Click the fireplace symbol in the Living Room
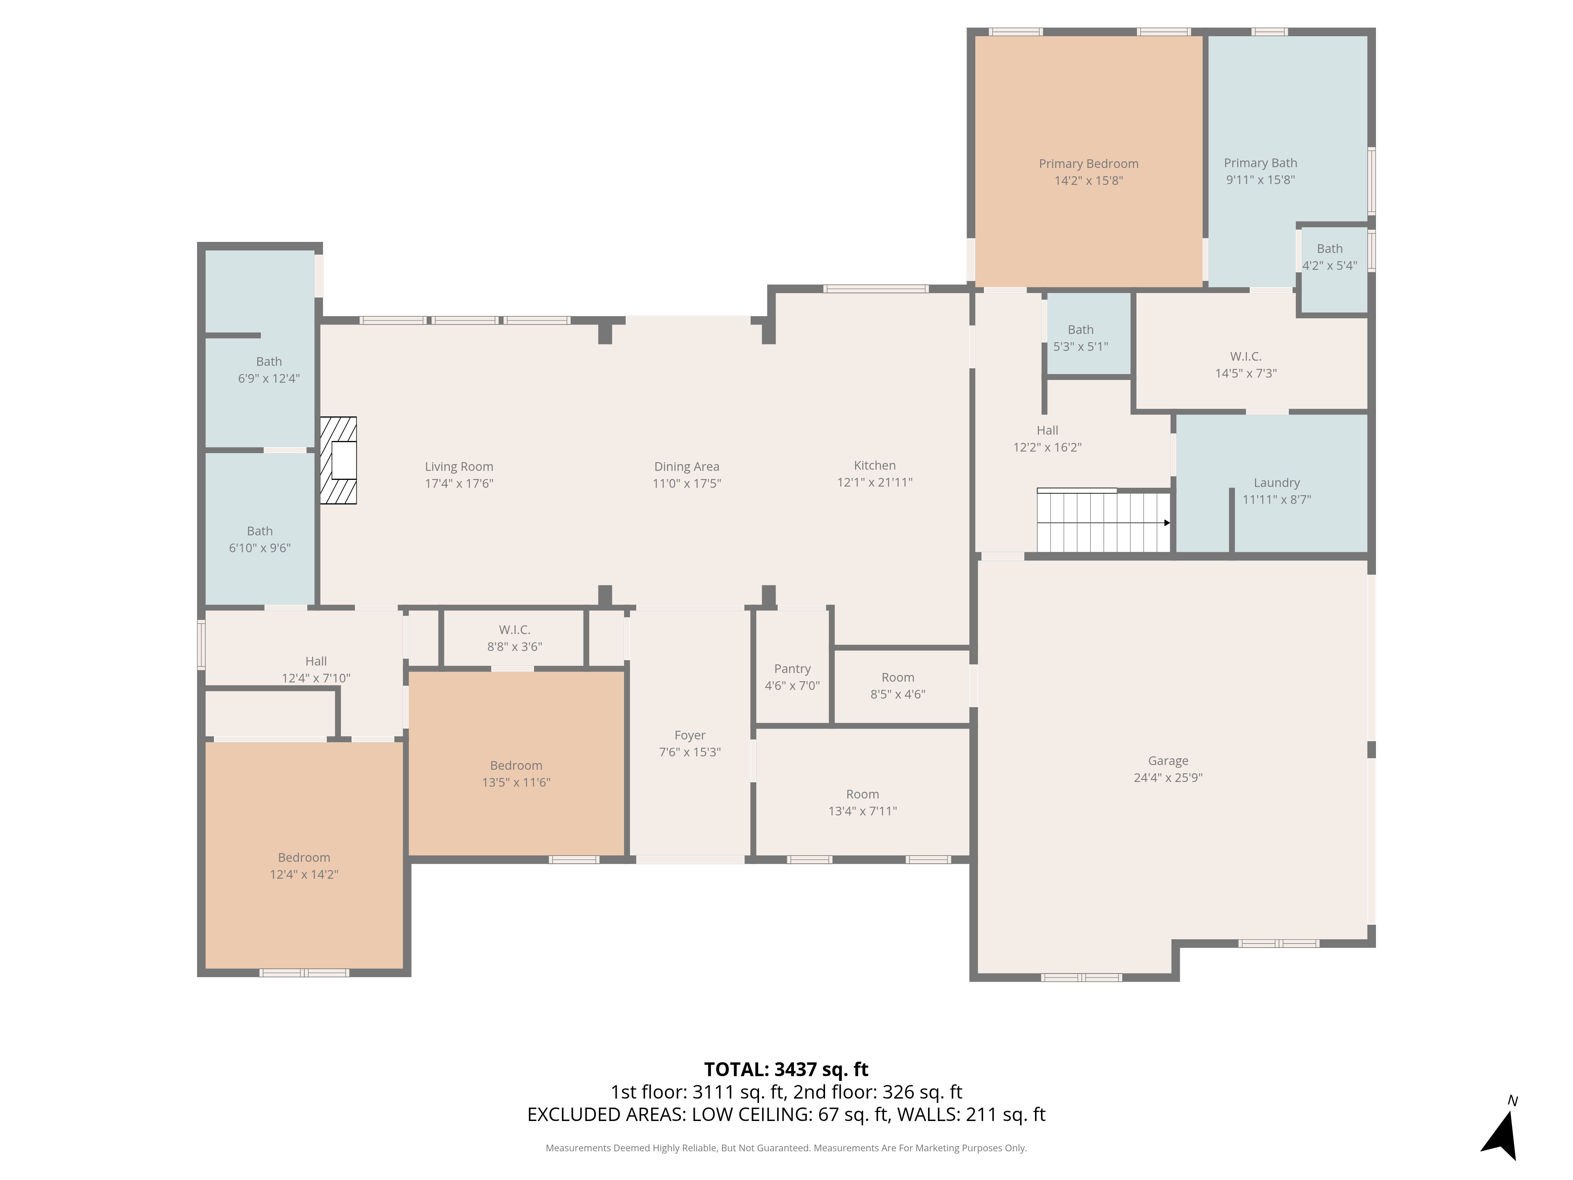pos(339,460)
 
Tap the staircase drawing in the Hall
pos(1102,521)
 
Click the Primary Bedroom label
pos(1088,164)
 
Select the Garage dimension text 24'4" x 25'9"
pos(1168,777)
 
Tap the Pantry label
pos(792,669)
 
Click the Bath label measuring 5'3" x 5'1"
pos(1080,338)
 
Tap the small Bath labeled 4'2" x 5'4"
pos(1329,257)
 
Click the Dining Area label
pos(686,466)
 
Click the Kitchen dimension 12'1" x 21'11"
pos(875,482)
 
